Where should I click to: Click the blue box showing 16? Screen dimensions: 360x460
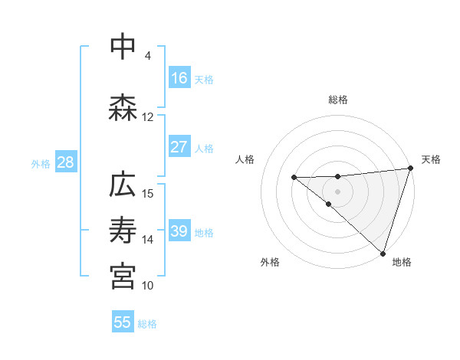coord(179,78)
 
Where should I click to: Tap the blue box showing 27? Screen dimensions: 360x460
coord(179,147)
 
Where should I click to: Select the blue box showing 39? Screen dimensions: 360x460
coord(179,231)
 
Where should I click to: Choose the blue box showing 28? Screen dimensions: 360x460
coord(65,162)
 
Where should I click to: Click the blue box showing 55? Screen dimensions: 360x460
coord(123,322)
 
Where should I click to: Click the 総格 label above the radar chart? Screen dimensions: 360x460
coord(338,100)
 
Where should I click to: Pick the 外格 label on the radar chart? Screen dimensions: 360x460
coord(270,263)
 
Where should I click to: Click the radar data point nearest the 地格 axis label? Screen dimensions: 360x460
coord(383,253)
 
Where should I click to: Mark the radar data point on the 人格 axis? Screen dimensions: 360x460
coord(294,177)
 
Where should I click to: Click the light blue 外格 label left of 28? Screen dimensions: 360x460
coord(41,163)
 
